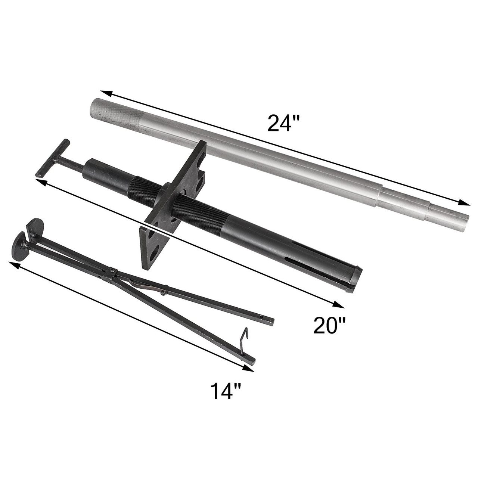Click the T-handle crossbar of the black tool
point(52,158)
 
